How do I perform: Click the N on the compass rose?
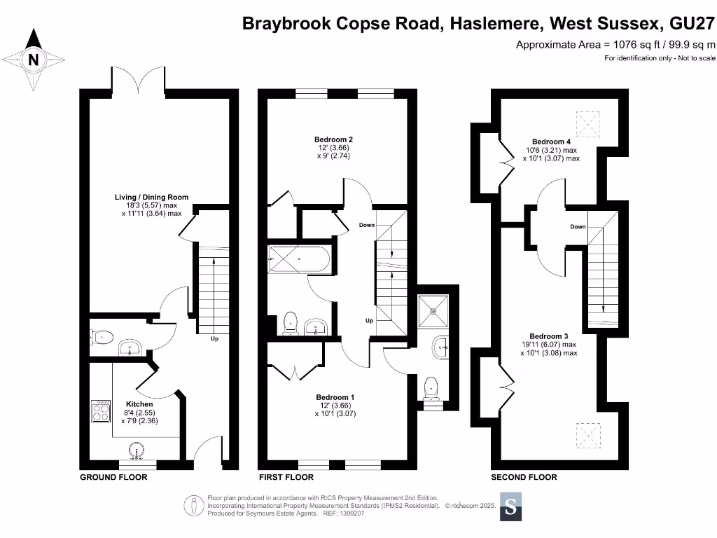tap(33, 60)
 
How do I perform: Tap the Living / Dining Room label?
tap(152, 198)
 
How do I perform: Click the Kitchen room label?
tap(139, 404)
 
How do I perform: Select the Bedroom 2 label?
tap(333, 139)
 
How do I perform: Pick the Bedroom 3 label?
tap(548, 336)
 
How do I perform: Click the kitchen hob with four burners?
tap(101, 411)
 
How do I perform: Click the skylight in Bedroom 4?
tap(587, 124)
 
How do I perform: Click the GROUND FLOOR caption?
tap(113, 477)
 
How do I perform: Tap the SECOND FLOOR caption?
tap(524, 477)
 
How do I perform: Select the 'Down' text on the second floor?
tap(578, 227)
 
